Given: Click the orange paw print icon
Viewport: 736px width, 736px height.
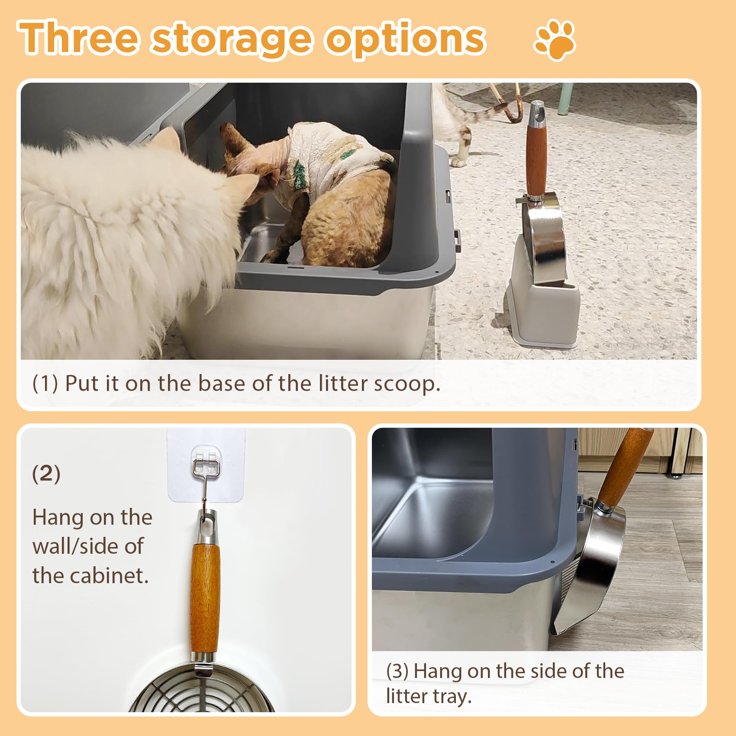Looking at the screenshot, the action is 555,40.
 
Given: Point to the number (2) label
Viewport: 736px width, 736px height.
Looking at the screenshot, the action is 46,474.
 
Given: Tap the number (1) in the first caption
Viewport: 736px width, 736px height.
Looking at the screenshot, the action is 45,383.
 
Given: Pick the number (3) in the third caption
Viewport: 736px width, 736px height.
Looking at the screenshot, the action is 397,671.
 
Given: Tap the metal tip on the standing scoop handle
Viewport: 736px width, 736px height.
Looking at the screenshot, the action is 537,112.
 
